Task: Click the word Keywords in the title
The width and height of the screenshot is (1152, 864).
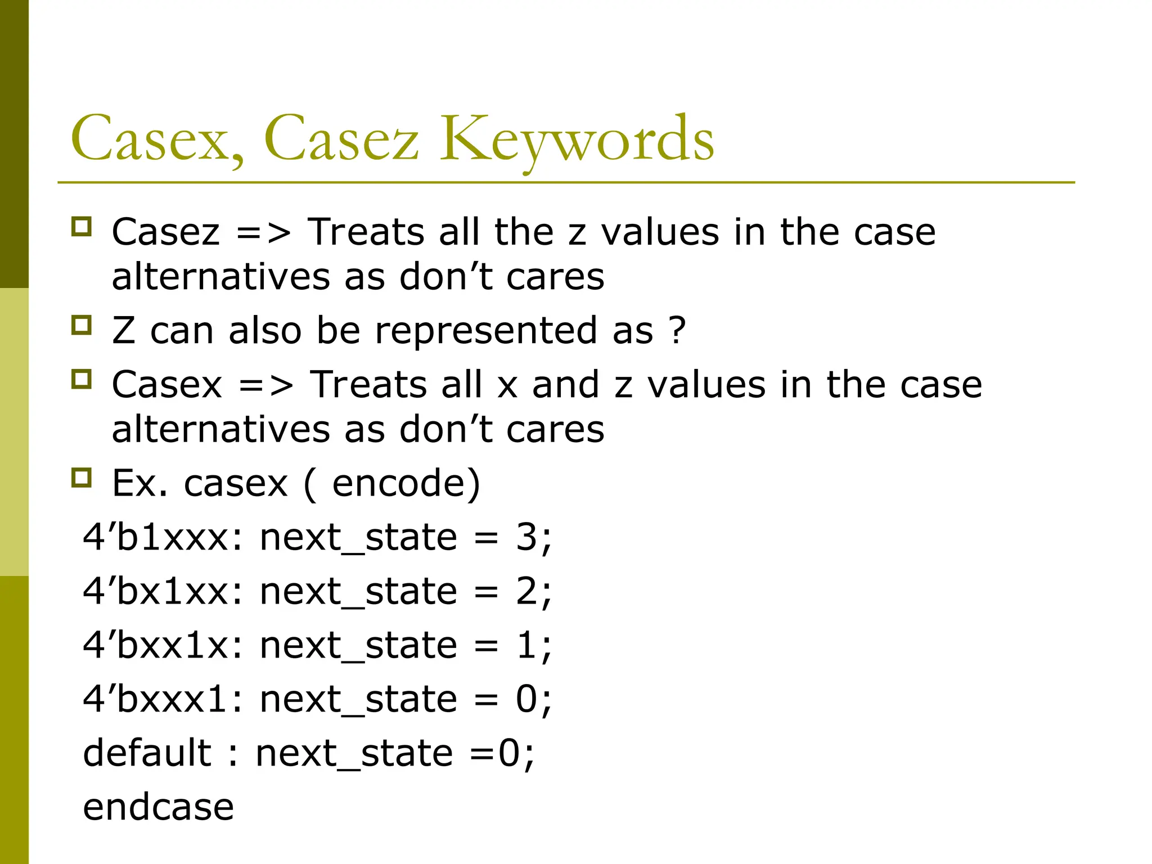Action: (577, 139)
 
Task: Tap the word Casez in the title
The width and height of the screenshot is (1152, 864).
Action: (341, 139)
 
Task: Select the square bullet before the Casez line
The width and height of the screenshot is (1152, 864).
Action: (82, 227)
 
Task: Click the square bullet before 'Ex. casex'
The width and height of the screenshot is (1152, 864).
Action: (82, 478)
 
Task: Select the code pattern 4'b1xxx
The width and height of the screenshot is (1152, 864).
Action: (164, 537)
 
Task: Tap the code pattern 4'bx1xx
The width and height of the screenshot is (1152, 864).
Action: (164, 591)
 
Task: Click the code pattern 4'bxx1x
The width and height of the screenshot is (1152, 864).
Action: (164, 645)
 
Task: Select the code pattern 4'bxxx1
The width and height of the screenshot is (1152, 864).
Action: (164, 699)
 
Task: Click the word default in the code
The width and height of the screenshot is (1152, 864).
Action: (147, 753)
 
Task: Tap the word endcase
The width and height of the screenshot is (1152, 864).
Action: (158, 807)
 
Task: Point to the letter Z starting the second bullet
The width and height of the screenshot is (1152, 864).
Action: (124, 330)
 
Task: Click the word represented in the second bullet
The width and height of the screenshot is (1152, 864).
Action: (485, 331)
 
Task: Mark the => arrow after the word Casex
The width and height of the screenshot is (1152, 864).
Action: (265, 385)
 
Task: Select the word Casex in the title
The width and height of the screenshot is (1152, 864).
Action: (158, 139)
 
